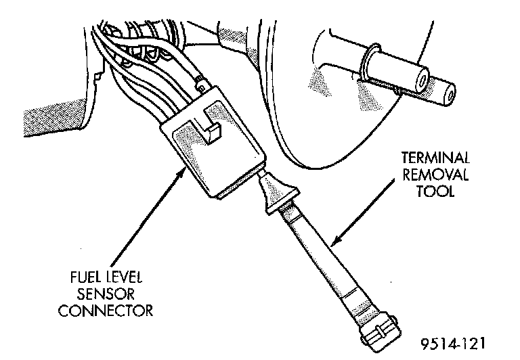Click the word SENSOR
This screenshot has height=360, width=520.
tap(109, 296)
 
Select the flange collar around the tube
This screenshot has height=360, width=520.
tap(370, 65)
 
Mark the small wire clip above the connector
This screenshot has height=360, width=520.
tap(201, 84)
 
